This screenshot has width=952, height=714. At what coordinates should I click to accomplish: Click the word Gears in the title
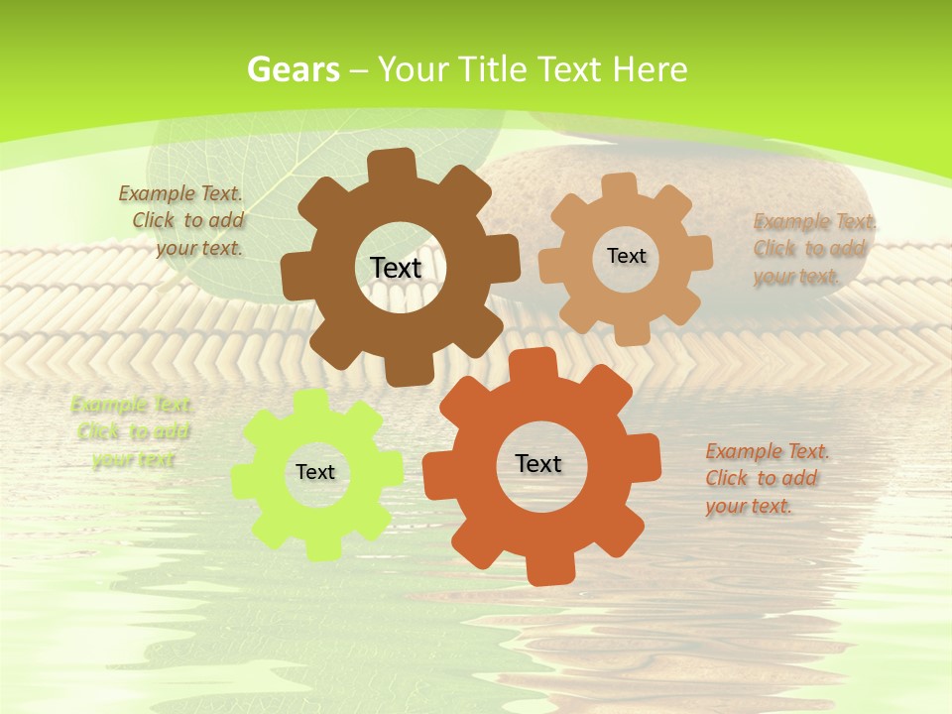[294, 69]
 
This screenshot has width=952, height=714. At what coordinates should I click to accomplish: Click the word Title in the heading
[494, 69]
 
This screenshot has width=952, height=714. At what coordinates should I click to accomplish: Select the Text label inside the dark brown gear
[396, 268]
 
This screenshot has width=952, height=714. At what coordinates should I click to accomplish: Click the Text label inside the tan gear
[626, 256]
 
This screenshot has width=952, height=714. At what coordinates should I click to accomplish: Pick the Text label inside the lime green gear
[315, 472]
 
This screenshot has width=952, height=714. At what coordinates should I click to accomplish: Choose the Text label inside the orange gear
[538, 463]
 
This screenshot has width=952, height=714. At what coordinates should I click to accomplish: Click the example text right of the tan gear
[813, 249]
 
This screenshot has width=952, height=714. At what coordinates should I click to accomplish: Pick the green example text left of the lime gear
[131, 431]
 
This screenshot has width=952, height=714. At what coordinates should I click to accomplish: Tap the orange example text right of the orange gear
[766, 478]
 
